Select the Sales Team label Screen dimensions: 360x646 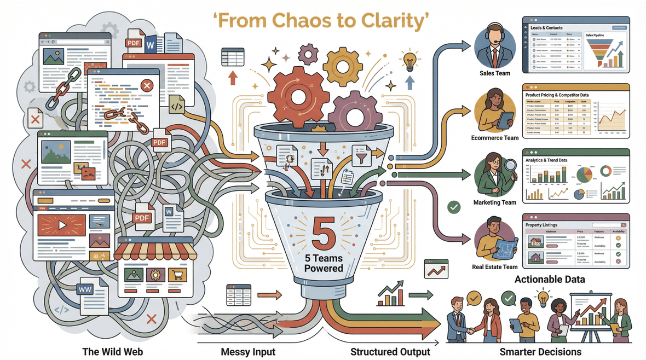coord(494,73)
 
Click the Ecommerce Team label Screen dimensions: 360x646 coord(494,138)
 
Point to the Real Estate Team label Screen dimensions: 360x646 coord(494,267)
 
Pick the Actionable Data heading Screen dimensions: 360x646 coord(550,280)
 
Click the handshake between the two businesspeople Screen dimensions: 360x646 coord(470,332)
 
